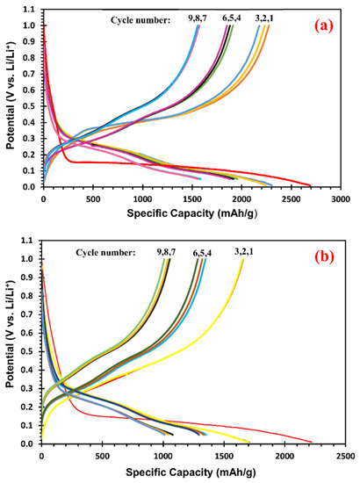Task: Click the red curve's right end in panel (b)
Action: click(312, 442)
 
